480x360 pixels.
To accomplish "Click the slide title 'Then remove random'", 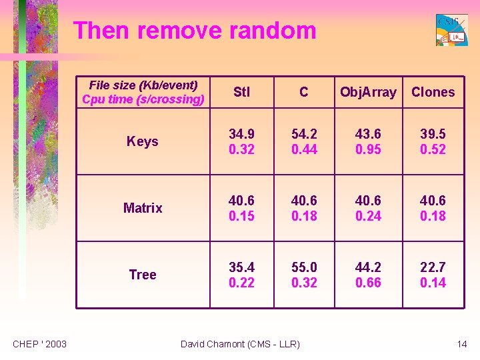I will click(x=194, y=31).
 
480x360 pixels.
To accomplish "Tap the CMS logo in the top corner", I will click(x=451, y=30).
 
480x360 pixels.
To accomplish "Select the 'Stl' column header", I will click(x=241, y=92).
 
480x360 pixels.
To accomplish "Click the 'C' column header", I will click(x=304, y=92).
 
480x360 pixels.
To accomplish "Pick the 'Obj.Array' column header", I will click(x=368, y=92).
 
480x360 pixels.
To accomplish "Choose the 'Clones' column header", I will click(x=433, y=92).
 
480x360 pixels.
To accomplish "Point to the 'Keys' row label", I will click(x=143, y=141).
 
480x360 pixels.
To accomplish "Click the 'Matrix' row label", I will click(x=143, y=208).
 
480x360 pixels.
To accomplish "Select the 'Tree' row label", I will click(x=143, y=275).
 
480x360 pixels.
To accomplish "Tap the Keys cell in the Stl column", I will click(x=241, y=141).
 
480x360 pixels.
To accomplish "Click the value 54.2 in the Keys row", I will click(x=304, y=134).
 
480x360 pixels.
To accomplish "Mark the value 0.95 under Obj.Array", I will click(x=368, y=149).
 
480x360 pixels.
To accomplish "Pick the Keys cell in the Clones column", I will click(x=433, y=141).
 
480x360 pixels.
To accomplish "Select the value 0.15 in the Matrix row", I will click(x=241, y=216).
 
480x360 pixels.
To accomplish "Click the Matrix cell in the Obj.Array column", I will click(x=368, y=208).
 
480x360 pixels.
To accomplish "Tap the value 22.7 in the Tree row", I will click(x=433, y=267).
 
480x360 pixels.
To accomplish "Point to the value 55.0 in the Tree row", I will click(x=304, y=267).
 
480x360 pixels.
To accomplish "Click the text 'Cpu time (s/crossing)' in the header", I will click(x=143, y=99).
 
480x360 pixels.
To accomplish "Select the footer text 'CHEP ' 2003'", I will click(x=40, y=344).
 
